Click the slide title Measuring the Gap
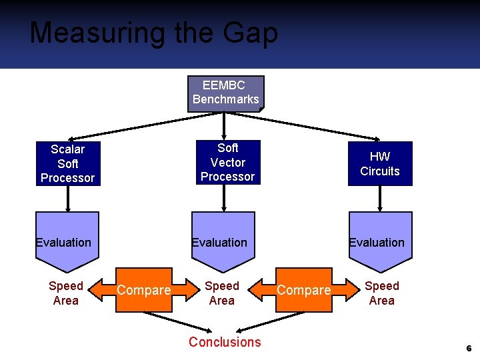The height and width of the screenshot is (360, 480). pyautogui.click(x=153, y=33)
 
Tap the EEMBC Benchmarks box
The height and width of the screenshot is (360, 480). pyautogui.click(x=225, y=93)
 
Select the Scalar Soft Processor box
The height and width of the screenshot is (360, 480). pyautogui.click(x=67, y=163)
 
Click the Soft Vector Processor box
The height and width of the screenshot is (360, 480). pyautogui.click(x=227, y=162)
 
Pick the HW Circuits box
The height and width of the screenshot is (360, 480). pyautogui.click(x=379, y=163)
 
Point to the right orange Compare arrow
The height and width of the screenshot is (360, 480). pyautogui.click(x=303, y=290)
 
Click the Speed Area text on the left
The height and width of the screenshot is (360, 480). pyautogui.click(x=66, y=293)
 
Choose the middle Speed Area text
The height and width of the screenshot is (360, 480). pyautogui.click(x=222, y=293)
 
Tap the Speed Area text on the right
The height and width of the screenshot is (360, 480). pyautogui.click(x=382, y=293)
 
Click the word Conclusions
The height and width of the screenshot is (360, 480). pyautogui.click(x=225, y=342)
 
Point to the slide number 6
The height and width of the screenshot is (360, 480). pyautogui.click(x=469, y=349)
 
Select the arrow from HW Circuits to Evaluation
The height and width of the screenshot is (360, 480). pyautogui.click(x=380, y=198)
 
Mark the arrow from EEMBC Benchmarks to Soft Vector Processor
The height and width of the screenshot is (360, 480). pyautogui.click(x=225, y=125)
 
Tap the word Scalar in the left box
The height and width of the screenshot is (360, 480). pyautogui.click(x=67, y=149)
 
